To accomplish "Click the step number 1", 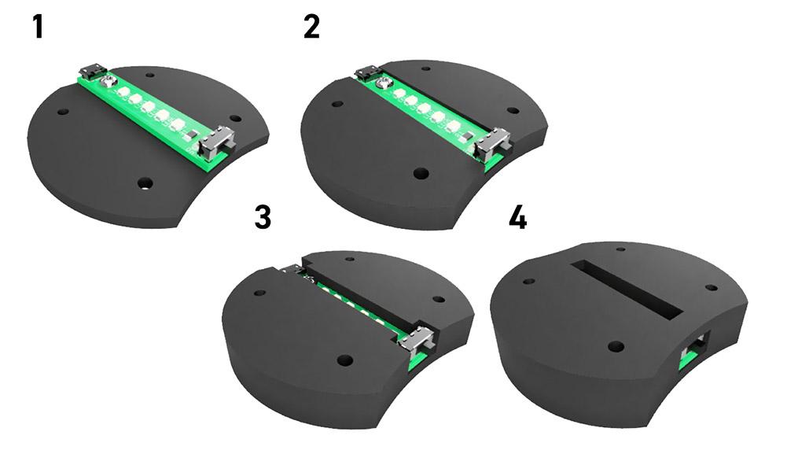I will (x=37, y=28).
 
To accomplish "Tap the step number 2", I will (x=311, y=28).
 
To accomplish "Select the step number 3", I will (x=263, y=217).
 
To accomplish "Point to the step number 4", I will (x=517, y=218).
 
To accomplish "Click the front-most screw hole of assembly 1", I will (x=144, y=183).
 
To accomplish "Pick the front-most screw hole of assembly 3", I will (x=344, y=360).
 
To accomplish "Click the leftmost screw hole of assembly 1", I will (x=61, y=113).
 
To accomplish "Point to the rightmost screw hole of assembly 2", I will (x=513, y=111).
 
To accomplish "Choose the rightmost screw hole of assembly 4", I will (x=712, y=287).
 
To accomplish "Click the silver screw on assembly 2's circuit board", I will (x=384, y=82).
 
